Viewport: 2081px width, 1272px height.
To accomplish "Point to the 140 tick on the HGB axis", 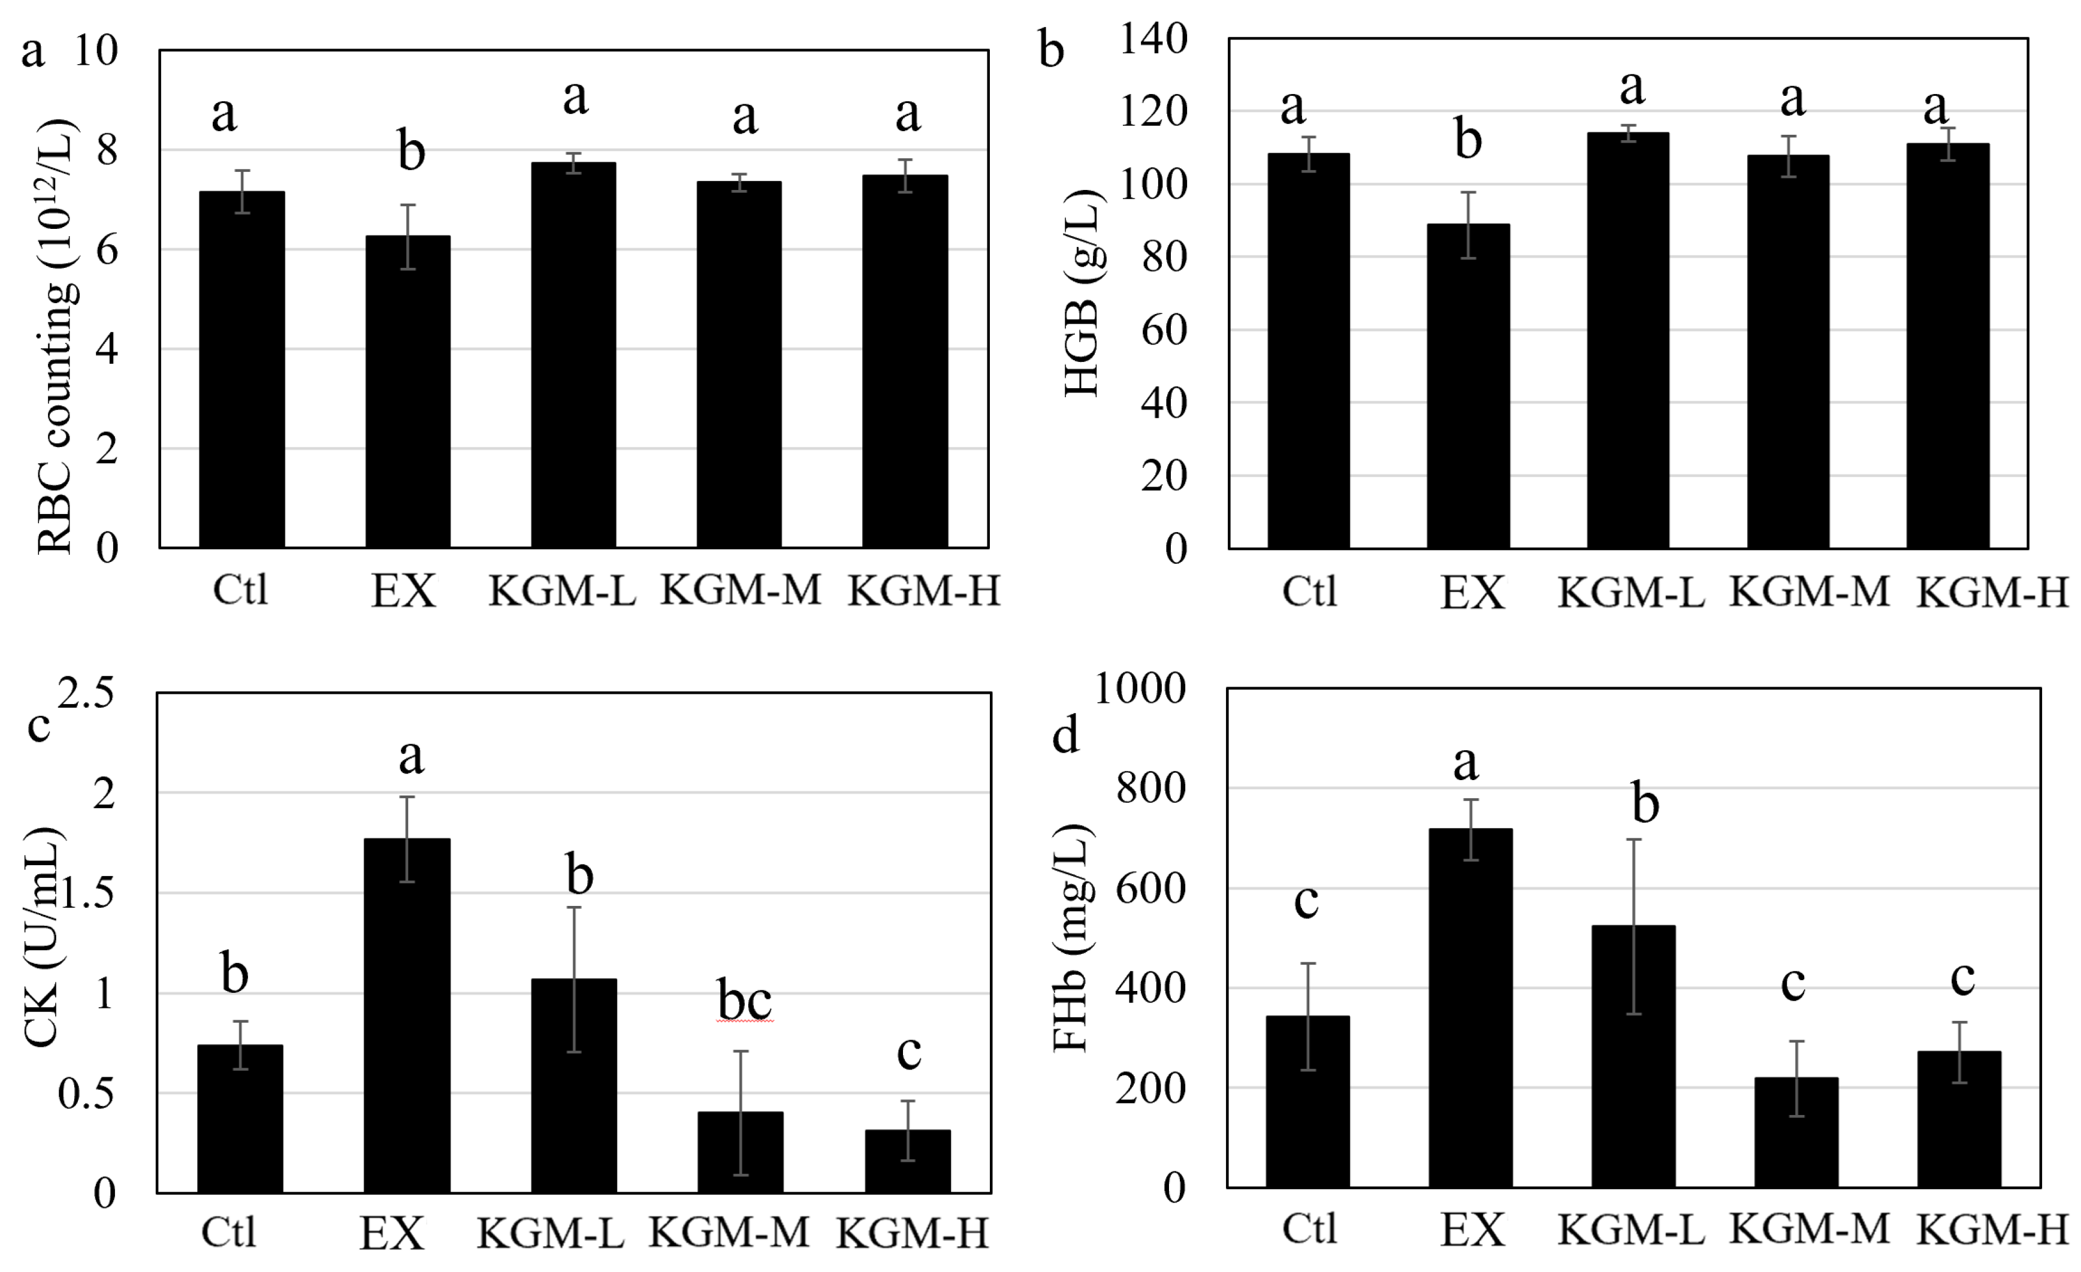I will [1153, 39].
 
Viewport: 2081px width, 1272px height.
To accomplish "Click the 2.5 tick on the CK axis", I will [86, 694].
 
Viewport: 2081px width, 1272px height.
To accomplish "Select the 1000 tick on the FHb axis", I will [1139, 688].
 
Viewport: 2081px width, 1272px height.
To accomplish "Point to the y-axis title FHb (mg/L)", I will [1072, 938].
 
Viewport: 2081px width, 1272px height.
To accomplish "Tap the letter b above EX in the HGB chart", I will [1468, 140].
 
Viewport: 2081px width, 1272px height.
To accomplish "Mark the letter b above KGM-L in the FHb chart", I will [1644, 803].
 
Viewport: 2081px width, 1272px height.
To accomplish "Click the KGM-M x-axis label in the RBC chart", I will [740, 590].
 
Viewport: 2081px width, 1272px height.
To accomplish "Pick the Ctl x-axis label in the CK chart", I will [228, 1232].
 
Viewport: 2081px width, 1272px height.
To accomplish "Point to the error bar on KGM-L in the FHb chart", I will [1634, 926].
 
